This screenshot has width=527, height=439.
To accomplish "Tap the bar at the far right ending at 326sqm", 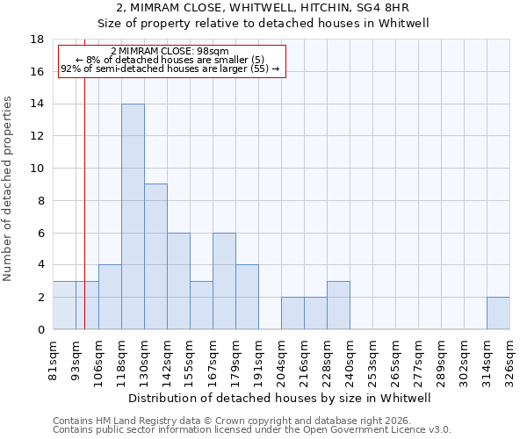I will (498, 313).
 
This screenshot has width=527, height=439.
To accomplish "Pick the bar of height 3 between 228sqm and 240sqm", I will (338, 306).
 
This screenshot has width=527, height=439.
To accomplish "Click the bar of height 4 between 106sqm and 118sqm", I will (110, 297).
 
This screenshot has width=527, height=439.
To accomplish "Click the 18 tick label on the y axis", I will (38, 40).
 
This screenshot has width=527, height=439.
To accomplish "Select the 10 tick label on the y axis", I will (38, 169).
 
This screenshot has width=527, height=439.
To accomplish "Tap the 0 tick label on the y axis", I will (41, 330).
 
